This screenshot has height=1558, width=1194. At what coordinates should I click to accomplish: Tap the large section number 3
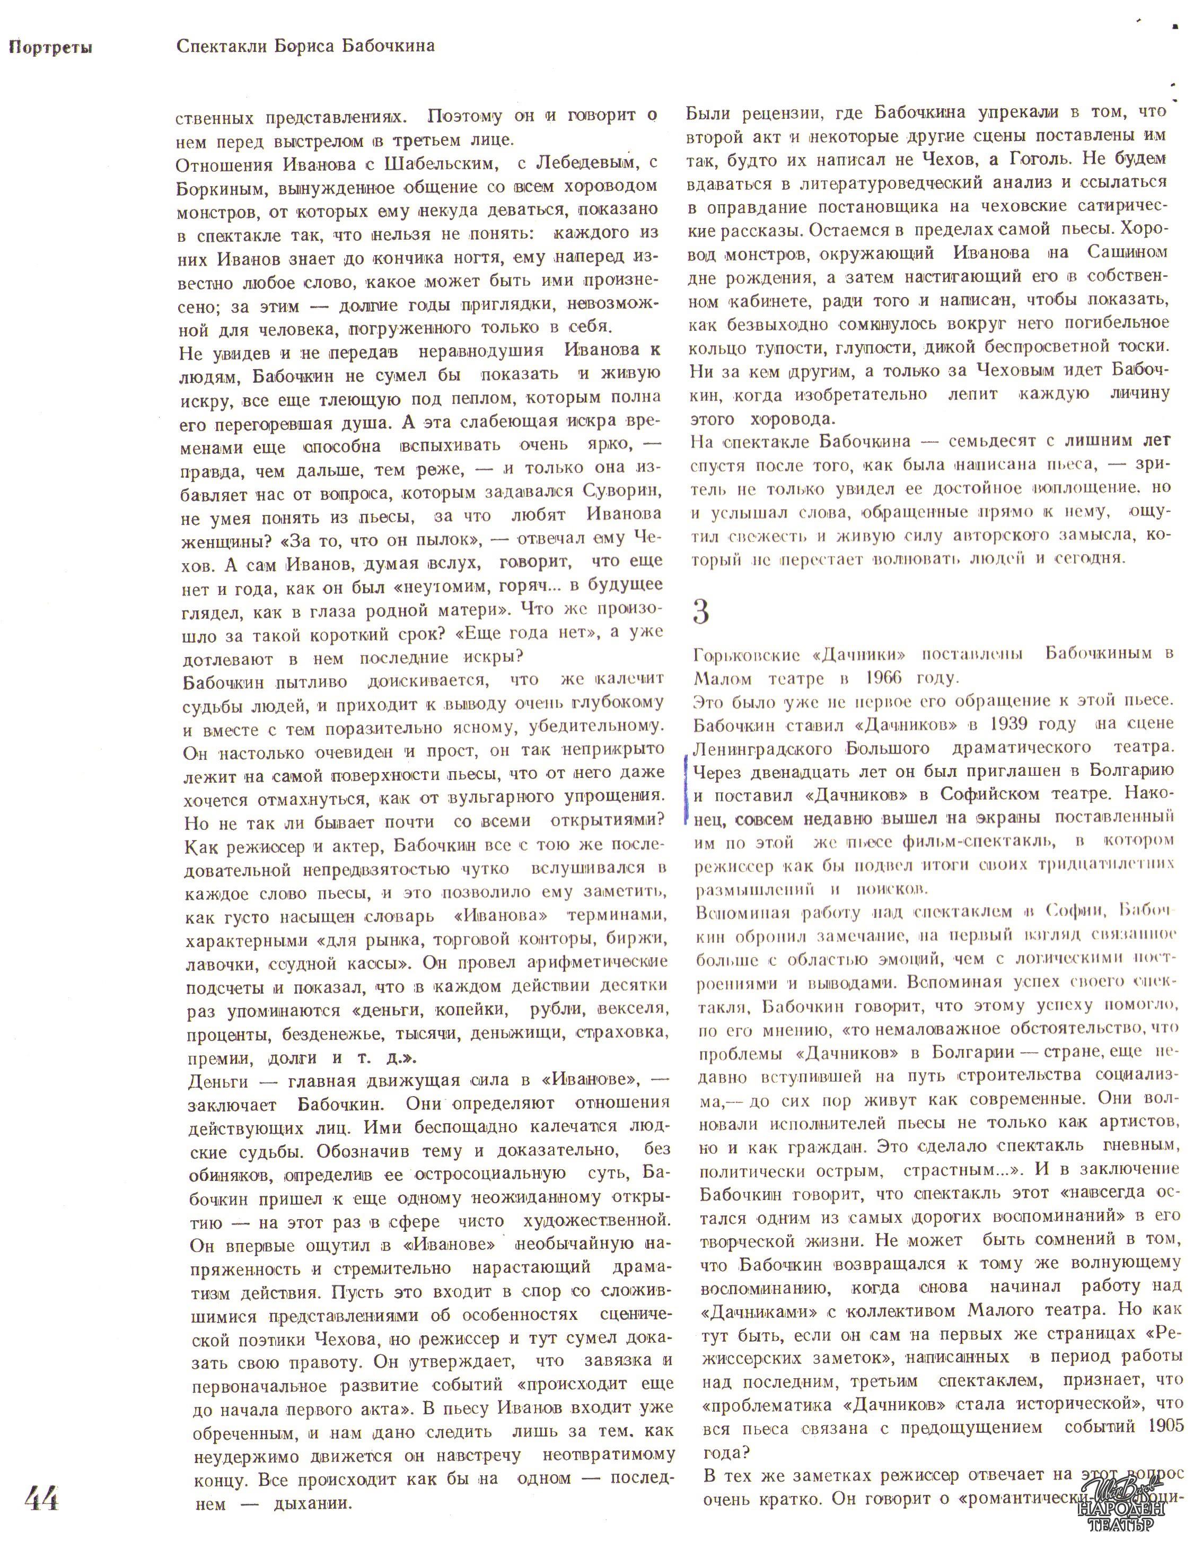pos(701,611)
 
